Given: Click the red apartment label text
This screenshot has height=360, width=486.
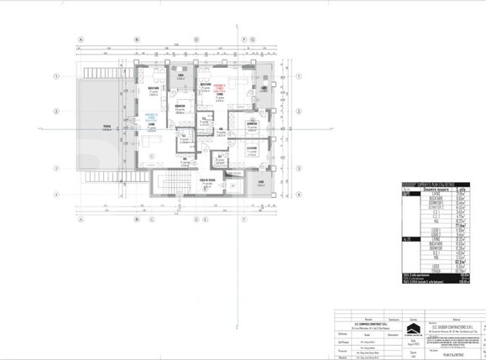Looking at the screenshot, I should (x=221, y=87).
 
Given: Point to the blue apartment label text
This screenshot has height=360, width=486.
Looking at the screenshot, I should (x=152, y=117).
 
